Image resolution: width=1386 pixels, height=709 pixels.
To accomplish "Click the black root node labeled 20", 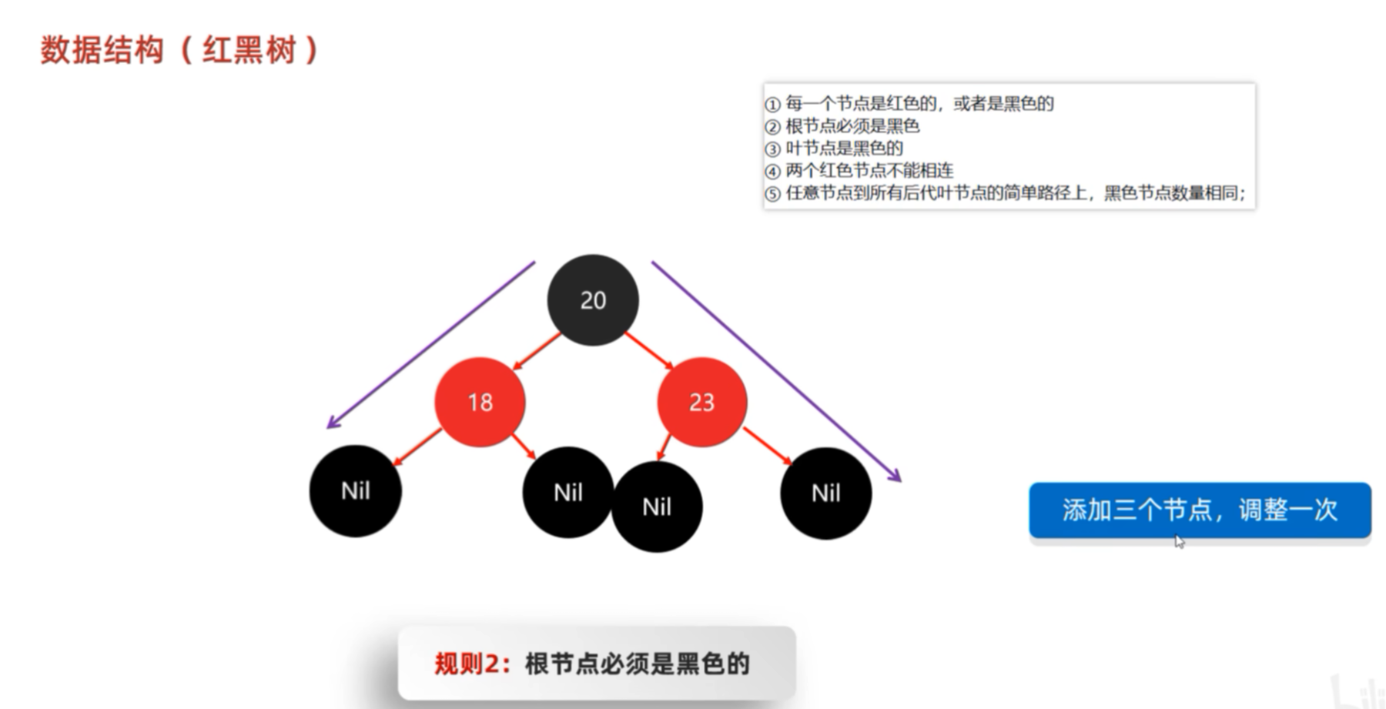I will coord(592,299).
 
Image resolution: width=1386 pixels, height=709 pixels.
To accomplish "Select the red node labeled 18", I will coord(480,402).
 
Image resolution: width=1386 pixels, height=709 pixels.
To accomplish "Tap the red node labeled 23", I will coord(701,402).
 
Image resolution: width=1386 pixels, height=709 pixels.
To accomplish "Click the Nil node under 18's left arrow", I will coord(355,491).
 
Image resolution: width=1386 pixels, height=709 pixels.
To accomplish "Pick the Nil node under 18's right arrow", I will coord(567,492).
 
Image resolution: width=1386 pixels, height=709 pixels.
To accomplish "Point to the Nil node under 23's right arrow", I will coord(825,493).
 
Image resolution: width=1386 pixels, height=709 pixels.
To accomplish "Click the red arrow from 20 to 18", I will coord(537,351).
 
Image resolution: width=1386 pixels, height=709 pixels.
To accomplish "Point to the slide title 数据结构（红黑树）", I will coord(179,51).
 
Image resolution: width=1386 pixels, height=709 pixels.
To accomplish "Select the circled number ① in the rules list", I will coord(772,104).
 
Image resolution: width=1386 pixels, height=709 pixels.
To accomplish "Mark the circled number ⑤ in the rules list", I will coord(772,193).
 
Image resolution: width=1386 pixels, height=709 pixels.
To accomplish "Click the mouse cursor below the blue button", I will coord(1179,542).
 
